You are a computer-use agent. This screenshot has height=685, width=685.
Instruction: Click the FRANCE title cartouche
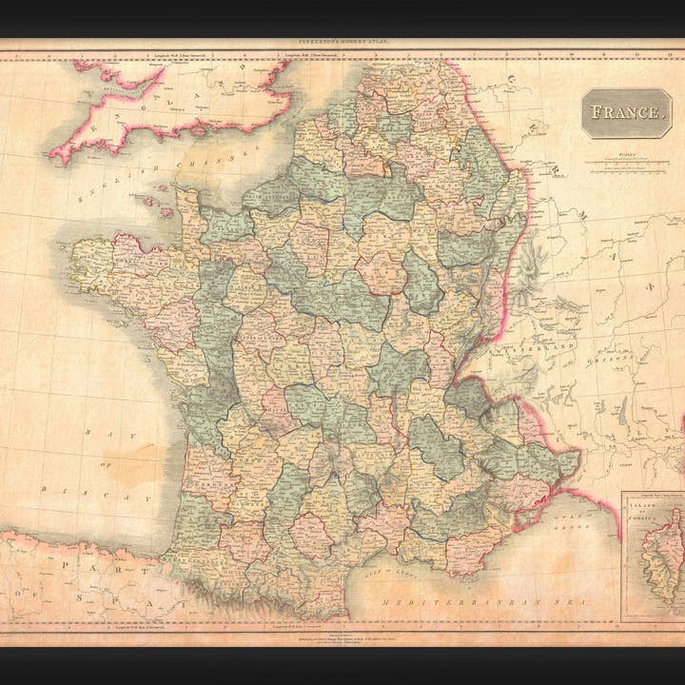coord(625,112)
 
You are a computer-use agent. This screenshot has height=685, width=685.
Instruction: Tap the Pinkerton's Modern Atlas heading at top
coord(342,43)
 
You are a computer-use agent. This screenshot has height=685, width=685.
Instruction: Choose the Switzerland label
coord(546,349)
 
